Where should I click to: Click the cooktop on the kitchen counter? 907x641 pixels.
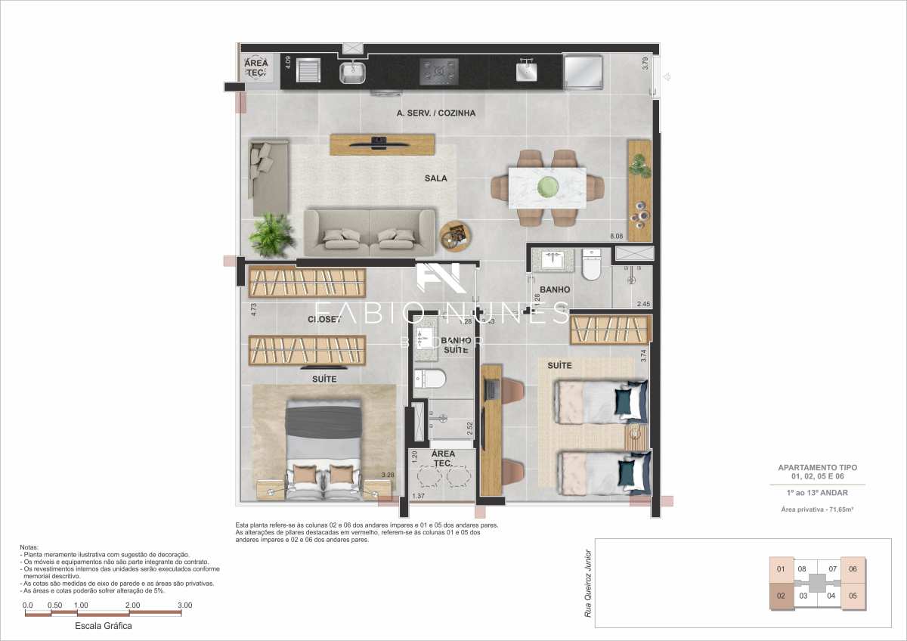[439, 72]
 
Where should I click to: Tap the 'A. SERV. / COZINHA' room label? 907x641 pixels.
[436, 113]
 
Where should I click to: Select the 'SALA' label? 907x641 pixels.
[435, 179]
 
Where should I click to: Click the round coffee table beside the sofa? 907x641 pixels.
[455, 236]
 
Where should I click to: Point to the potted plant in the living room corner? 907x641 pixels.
[271, 234]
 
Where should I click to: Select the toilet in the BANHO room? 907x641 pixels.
[591, 266]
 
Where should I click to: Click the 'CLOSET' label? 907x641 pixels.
[324, 320]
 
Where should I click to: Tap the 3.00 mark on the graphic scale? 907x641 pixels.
[184, 605]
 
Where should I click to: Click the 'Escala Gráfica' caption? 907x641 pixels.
[104, 627]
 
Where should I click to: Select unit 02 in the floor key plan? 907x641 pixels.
[781, 596]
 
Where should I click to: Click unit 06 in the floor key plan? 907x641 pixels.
[853, 569]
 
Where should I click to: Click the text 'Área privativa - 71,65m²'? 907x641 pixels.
[817, 510]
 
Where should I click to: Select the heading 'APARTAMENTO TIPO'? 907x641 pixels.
[817, 468]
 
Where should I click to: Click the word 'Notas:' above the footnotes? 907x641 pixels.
[32, 547]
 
